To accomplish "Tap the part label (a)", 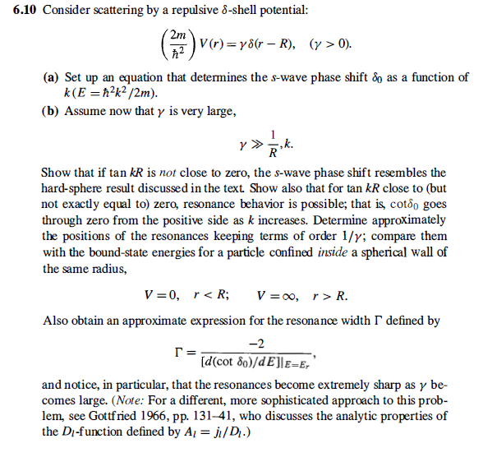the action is coord(51,77).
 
